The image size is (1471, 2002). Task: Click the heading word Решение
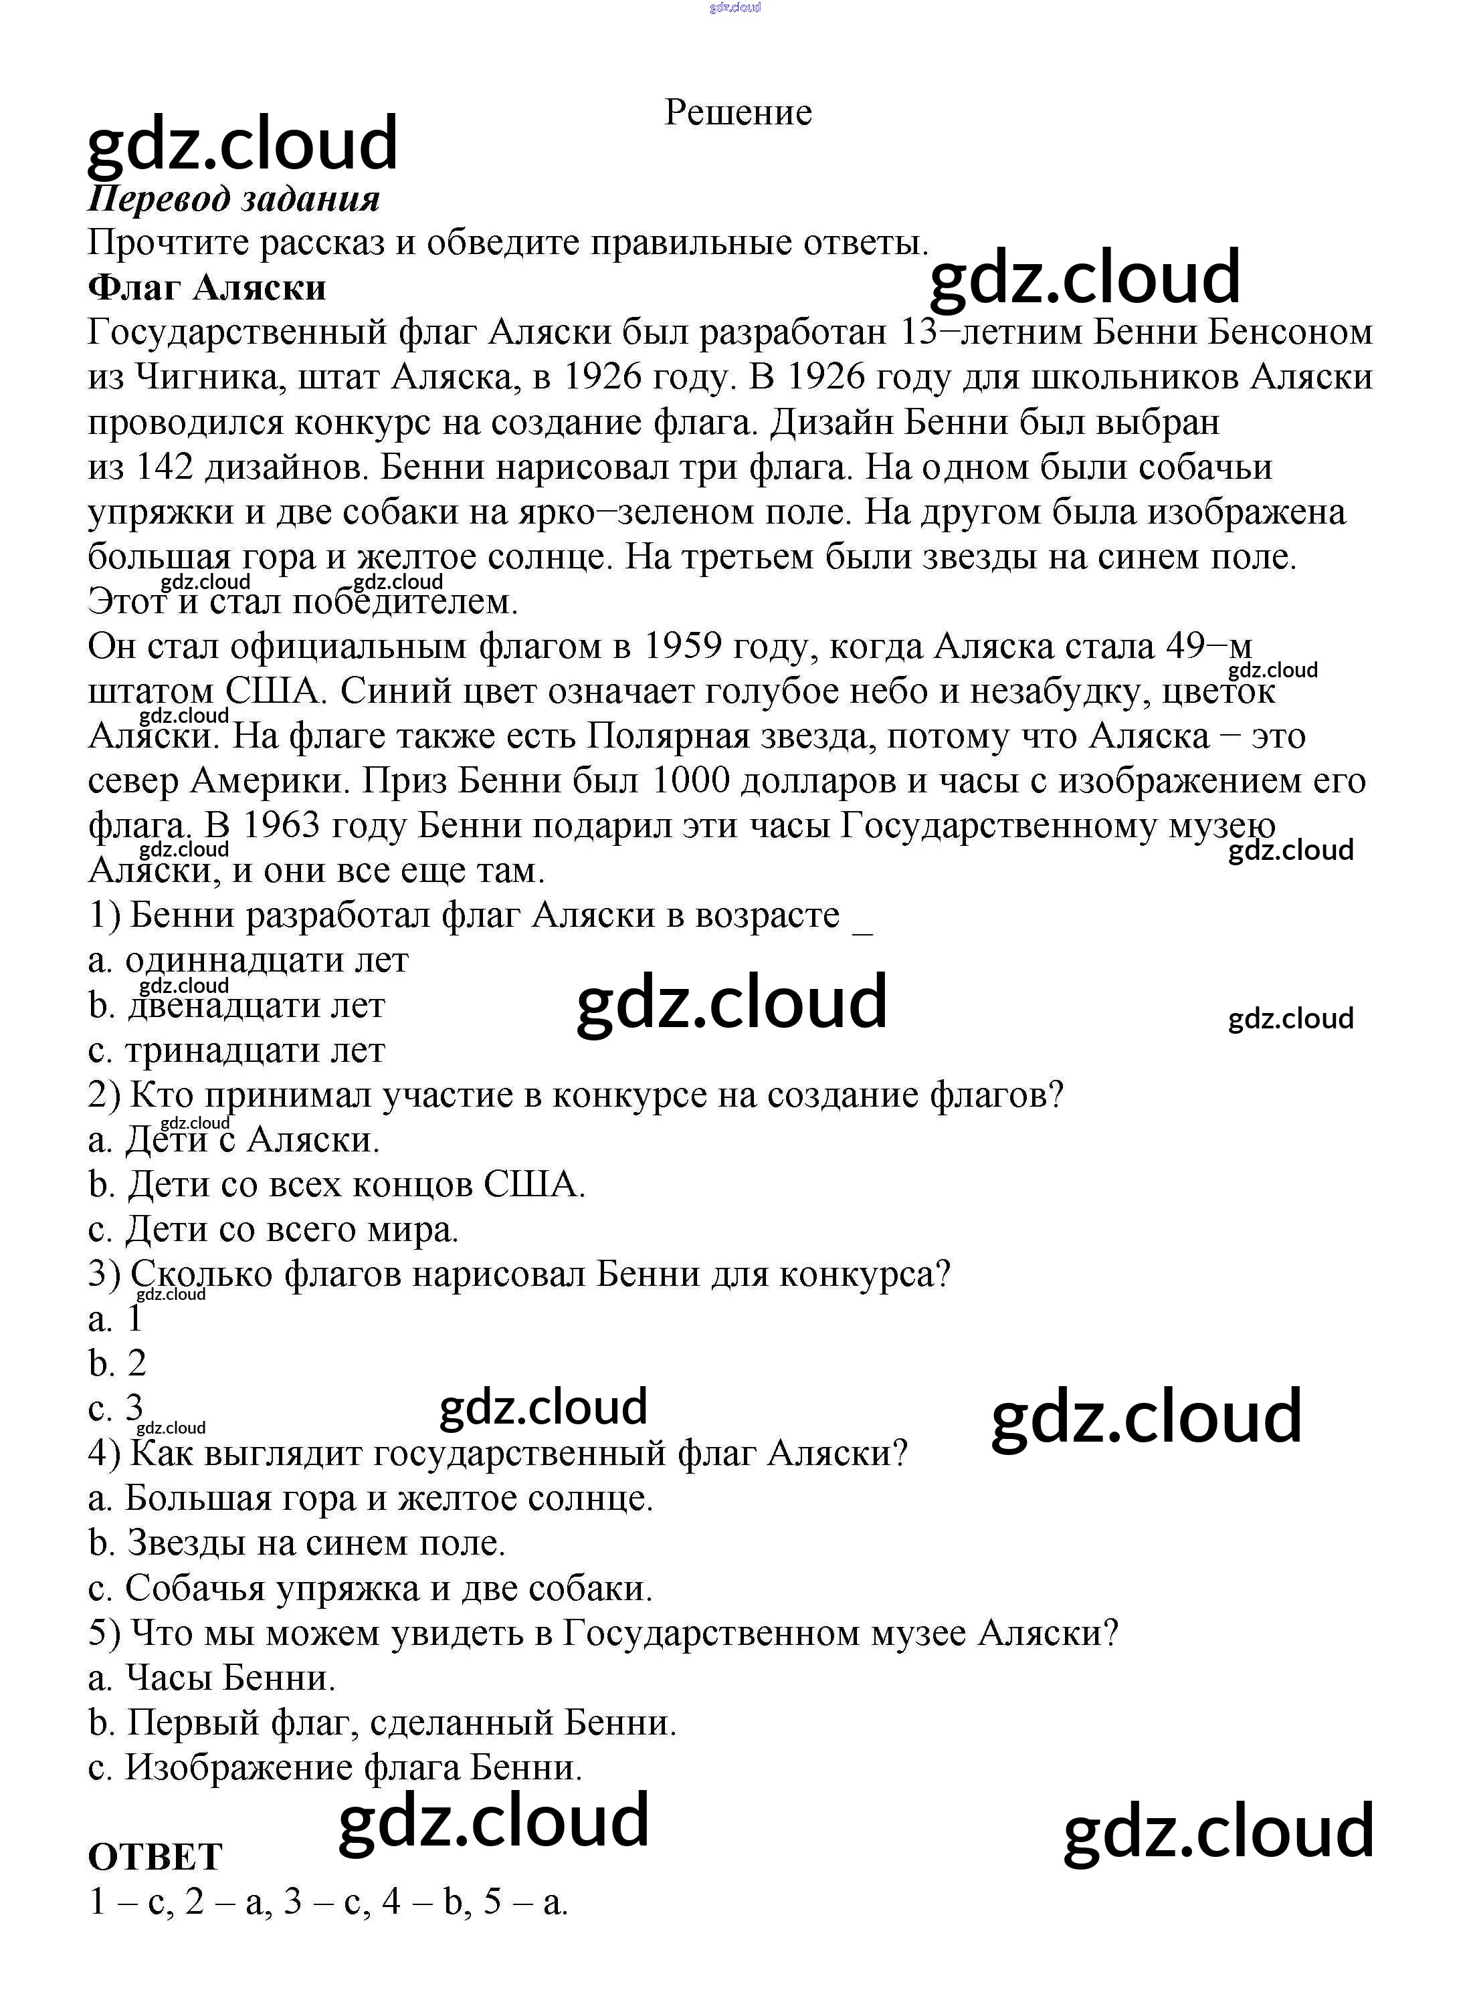pyautogui.click(x=737, y=113)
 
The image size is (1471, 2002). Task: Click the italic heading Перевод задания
pyautogui.click(x=233, y=199)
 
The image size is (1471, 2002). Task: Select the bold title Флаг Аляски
pyautogui.click(x=207, y=288)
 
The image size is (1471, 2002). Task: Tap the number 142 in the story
pyautogui.click(x=164, y=467)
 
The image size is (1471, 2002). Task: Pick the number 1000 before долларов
pyautogui.click(x=691, y=781)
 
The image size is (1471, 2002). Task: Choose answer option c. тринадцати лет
pyautogui.click(x=237, y=1050)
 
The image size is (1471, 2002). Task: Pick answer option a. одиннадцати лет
pyautogui.click(x=248, y=960)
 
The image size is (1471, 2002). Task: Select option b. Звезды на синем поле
pyautogui.click(x=298, y=1543)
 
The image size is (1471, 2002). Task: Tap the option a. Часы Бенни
pyautogui.click(x=212, y=1678)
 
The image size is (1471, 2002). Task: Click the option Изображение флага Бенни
pyautogui.click(x=334, y=1768)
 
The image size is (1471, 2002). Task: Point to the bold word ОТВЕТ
pyautogui.click(x=155, y=1857)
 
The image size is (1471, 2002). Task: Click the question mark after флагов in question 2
pyautogui.click(x=1056, y=1095)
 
